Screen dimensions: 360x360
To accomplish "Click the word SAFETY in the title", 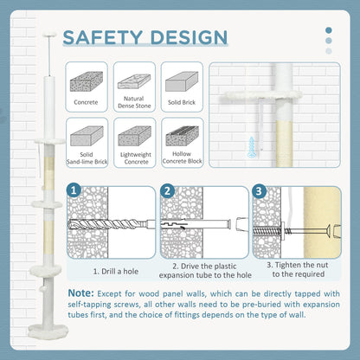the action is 103,37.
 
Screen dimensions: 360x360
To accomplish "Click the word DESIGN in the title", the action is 190,37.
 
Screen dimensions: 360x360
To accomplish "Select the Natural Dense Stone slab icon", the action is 134,81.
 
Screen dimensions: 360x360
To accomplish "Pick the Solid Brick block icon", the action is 182,81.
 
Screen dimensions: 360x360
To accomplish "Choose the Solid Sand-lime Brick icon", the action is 87,136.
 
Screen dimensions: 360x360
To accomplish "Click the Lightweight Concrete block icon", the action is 134,136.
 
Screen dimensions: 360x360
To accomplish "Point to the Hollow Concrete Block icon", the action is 182,136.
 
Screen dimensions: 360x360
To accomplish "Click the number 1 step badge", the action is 74,190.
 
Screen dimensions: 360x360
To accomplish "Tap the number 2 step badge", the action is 167,191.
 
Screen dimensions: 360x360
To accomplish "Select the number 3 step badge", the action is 259,191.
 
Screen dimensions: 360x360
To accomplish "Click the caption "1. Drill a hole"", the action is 116,272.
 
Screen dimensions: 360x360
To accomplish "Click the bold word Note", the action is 80,293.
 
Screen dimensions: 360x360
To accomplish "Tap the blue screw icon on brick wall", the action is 252,147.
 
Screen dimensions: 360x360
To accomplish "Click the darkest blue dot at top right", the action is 329,30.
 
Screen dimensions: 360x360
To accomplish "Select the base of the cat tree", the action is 48,331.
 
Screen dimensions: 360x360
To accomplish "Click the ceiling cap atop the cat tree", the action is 49,35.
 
